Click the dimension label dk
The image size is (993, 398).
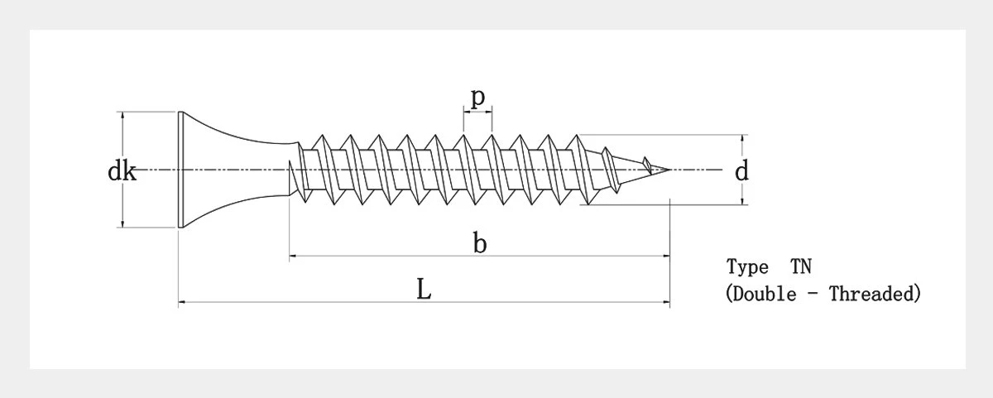[122, 171]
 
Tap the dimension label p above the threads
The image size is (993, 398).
[478, 97]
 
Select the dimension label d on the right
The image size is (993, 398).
[741, 171]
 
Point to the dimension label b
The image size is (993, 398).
[480, 243]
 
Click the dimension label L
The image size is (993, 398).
[424, 290]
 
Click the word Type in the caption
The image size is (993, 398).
[747, 266]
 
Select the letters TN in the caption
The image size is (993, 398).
[801, 266]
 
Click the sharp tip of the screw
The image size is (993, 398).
[669, 169]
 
